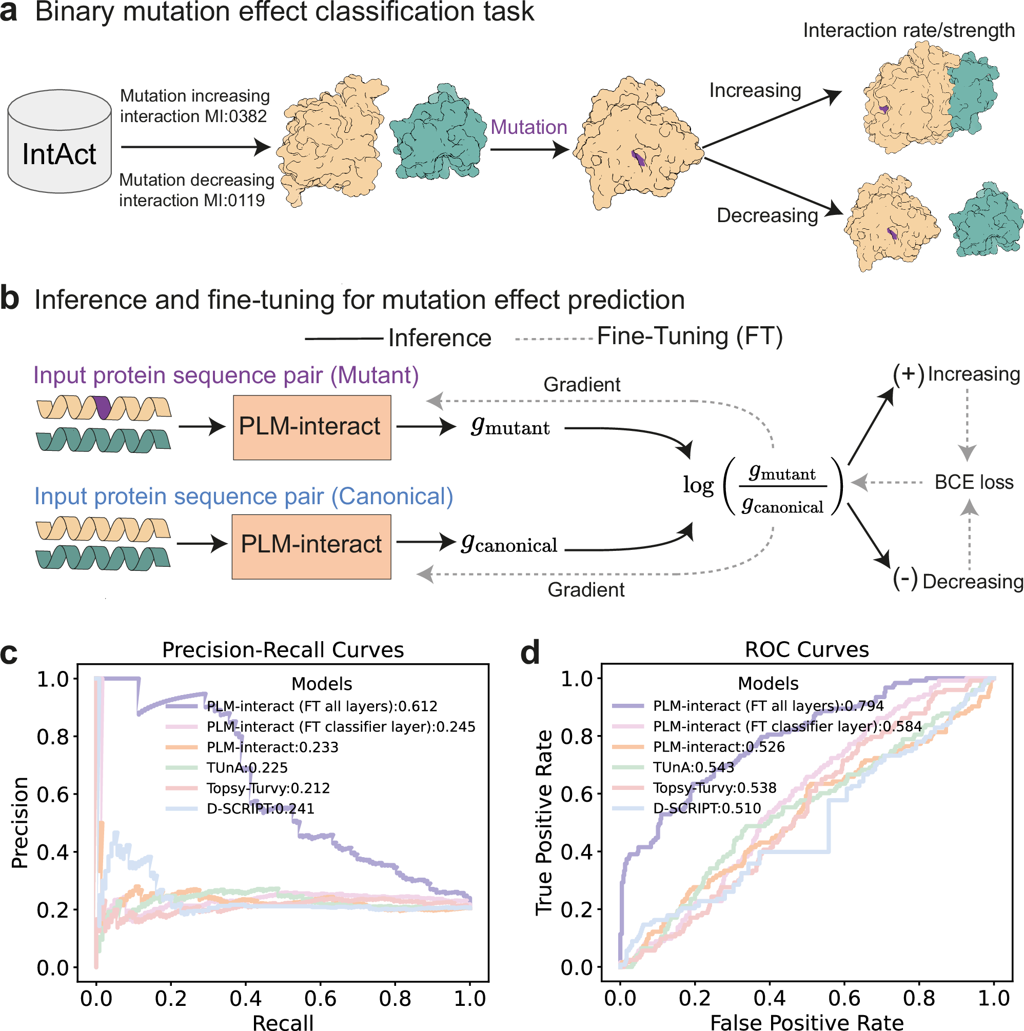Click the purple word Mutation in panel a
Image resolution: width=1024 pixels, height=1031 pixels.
(x=528, y=128)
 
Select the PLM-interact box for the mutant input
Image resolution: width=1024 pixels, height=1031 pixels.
(x=311, y=427)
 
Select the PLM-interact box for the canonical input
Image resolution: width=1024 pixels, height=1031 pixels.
(x=311, y=546)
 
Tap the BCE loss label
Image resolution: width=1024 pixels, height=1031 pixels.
(x=973, y=482)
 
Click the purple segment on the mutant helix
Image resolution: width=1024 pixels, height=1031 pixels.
(x=102, y=408)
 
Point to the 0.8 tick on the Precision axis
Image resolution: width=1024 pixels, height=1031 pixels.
(x=53, y=737)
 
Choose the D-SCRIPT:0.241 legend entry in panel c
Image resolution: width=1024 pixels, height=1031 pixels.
(x=260, y=808)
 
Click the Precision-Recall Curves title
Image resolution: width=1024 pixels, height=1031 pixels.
(x=283, y=650)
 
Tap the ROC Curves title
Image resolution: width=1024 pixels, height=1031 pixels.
(x=806, y=649)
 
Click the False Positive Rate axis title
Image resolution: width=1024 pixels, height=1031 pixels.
(x=806, y=1022)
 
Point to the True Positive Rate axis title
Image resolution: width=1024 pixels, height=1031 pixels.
(x=544, y=822)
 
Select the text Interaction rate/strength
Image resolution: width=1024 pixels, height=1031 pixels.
(x=908, y=30)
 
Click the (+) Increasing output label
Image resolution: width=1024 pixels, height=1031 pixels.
(x=956, y=374)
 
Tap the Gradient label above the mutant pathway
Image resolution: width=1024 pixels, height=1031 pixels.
(x=582, y=385)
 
